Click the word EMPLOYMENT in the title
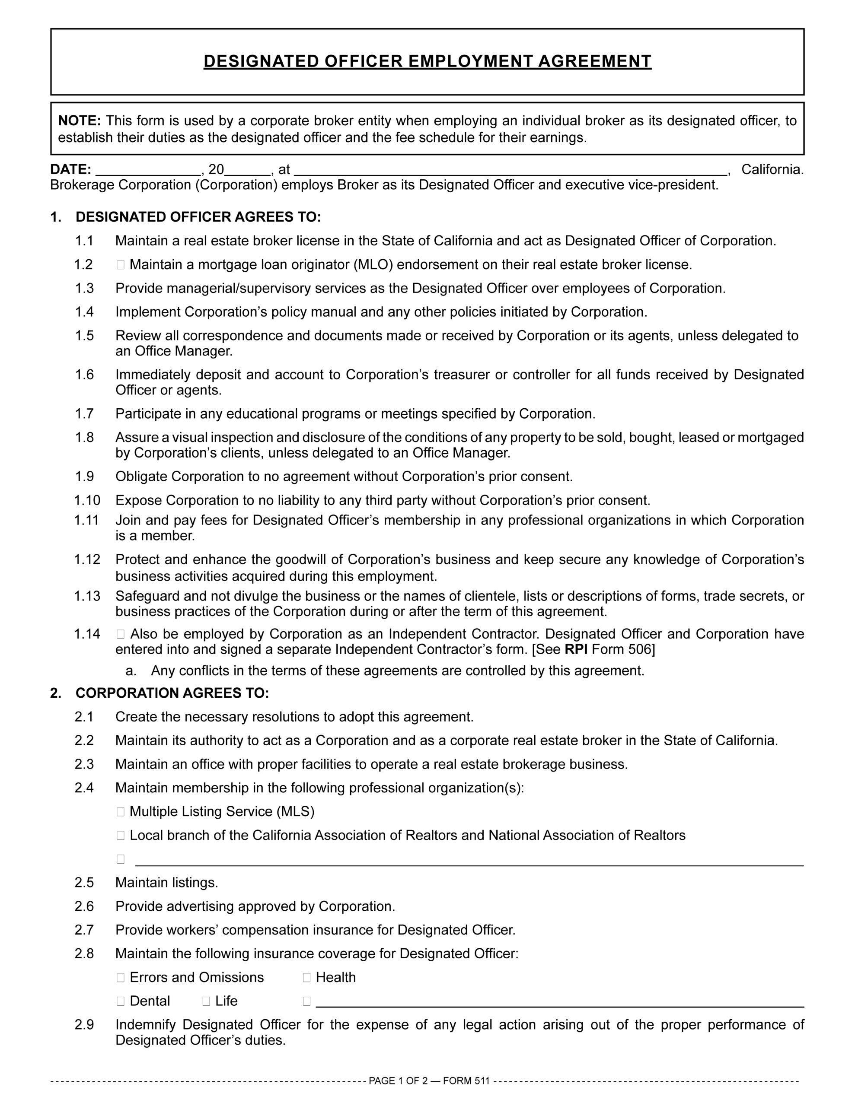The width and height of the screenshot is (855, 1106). (x=471, y=61)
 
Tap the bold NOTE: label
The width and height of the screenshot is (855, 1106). (x=80, y=121)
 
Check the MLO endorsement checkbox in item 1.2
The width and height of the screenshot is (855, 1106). (x=121, y=264)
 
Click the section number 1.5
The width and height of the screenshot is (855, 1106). (x=85, y=336)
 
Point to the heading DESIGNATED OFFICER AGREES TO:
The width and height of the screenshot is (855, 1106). (x=198, y=217)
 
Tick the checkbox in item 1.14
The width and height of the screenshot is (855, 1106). (x=121, y=634)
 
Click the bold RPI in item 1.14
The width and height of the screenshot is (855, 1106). (x=576, y=649)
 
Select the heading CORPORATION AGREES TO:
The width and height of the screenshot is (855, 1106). (x=172, y=693)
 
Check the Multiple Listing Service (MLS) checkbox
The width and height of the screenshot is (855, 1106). (x=121, y=812)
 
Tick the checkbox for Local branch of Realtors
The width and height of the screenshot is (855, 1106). (x=121, y=836)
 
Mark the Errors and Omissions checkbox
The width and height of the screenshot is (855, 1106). (x=121, y=977)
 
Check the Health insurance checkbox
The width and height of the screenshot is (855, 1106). (x=306, y=977)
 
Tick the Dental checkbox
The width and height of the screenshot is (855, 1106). (x=121, y=1001)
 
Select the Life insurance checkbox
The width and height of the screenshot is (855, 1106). (x=206, y=1001)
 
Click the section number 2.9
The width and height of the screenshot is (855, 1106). (x=85, y=1025)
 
